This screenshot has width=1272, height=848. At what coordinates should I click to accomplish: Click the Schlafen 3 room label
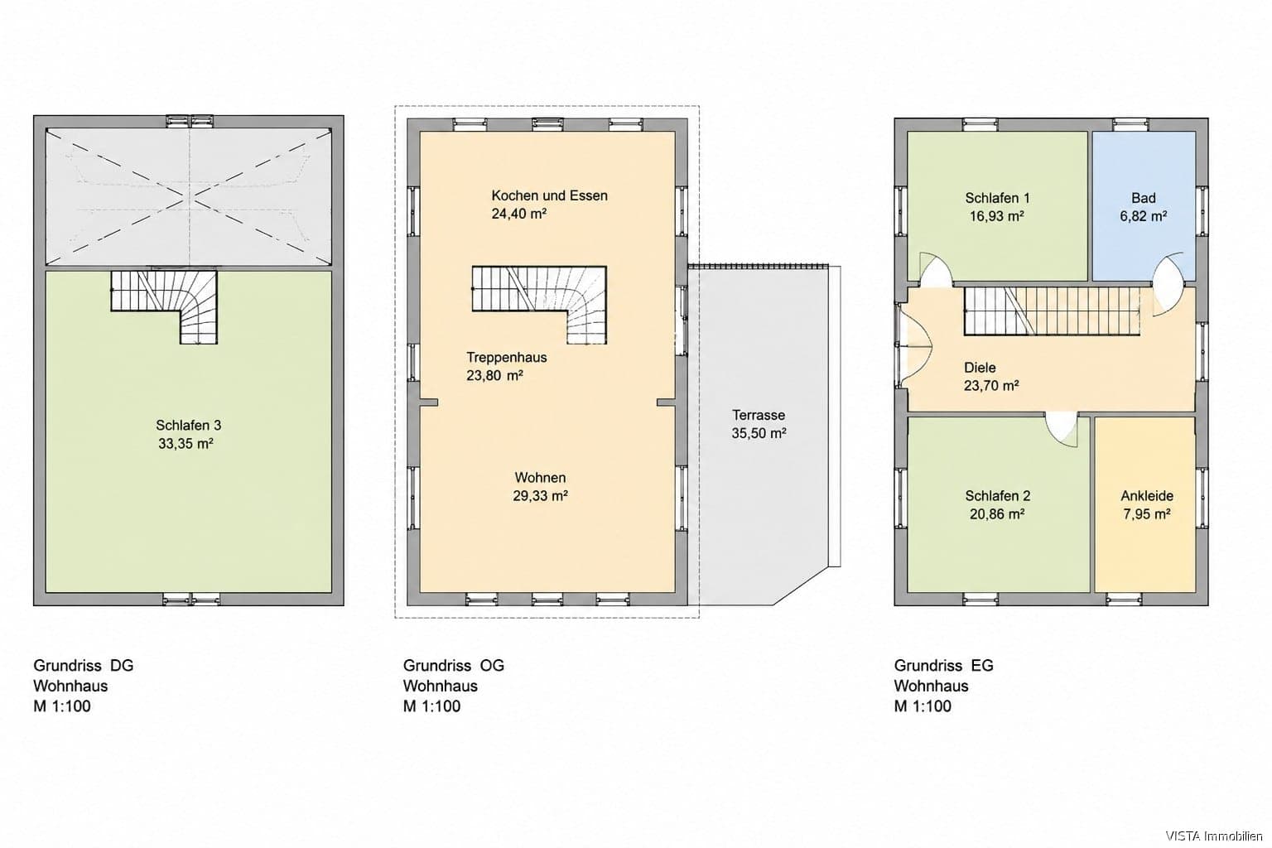click(x=189, y=426)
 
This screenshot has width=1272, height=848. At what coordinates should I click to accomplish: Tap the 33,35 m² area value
click(x=185, y=444)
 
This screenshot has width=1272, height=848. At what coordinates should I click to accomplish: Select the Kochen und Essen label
click(x=549, y=195)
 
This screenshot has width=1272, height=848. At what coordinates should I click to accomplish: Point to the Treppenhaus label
click(x=507, y=357)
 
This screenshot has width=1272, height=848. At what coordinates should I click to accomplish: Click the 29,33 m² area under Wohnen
click(x=541, y=496)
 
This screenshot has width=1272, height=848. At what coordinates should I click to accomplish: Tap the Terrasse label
click(x=758, y=415)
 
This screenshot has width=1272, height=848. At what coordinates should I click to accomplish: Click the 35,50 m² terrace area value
click(x=759, y=433)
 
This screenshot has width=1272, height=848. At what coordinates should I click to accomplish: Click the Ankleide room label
click(x=1147, y=496)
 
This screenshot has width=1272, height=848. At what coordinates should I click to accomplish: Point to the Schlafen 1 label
click(x=997, y=198)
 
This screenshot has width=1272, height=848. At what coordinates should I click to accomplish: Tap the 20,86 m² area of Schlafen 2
click(x=997, y=514)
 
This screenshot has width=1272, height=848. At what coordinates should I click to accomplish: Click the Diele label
click(x=980, y=368)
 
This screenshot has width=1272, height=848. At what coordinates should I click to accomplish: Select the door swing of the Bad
click(x=1168, y=283)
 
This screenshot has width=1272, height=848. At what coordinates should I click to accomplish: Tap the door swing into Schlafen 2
click(x=1061, y=430)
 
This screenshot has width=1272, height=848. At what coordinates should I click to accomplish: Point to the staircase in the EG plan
click(x=1053, y=311)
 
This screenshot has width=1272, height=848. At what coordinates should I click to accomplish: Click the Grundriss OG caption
click(x=454, y=665)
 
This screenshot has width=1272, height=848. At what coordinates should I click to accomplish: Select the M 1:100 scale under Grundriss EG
click(x=923, y=706)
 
